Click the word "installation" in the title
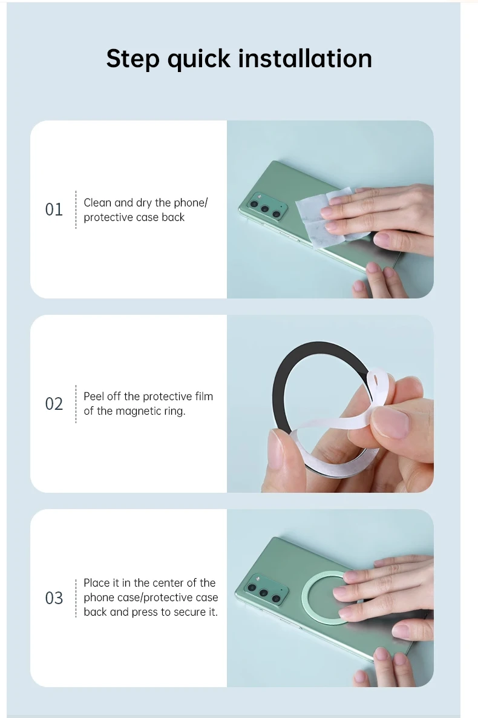tap(305, 59)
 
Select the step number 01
tap(54, 209)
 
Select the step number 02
tap(54, 403)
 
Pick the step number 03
tap(54, 598)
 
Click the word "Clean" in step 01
tap(97, 202)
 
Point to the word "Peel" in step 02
tap(94, 396)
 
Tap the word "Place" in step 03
tap(97, 582)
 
